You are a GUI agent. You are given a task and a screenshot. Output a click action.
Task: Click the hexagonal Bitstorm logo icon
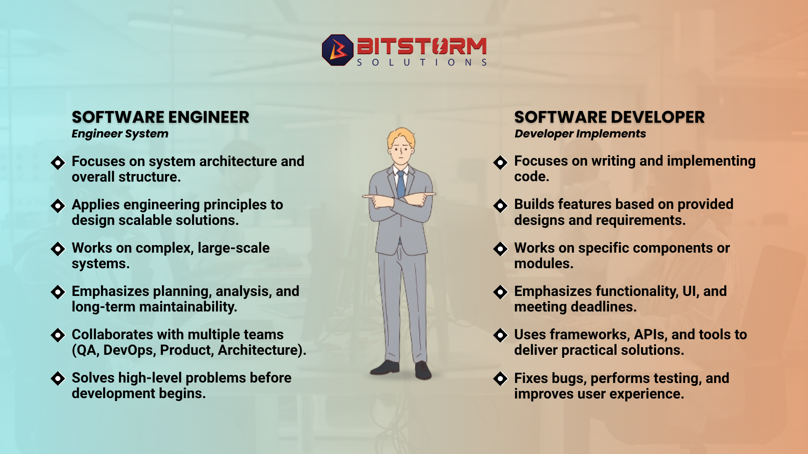tap(338, 50)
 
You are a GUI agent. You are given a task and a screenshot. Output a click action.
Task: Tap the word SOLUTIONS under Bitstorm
tap(422, 63)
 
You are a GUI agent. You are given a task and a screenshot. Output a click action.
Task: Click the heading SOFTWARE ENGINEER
tap(160, 117)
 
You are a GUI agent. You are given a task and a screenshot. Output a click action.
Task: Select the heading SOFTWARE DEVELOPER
tap(609, 117)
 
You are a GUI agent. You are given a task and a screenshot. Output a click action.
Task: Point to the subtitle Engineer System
tap(120, 134)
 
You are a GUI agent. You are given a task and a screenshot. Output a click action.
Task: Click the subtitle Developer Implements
tap(580, 134)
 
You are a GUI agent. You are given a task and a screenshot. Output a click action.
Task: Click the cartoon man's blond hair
tap(401, 137)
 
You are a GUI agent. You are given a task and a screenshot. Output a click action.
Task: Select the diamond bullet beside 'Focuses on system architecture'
tap(58, 162)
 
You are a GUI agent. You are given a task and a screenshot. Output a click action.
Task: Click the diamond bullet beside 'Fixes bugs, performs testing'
tap(501, 379)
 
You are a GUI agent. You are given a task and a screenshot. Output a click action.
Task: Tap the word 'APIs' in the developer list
tap(651, 335)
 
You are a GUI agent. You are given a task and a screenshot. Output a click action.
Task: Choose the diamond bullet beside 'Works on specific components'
tap(501, 249)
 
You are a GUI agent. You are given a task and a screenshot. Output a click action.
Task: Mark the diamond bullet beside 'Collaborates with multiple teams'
tap(58, 335)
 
